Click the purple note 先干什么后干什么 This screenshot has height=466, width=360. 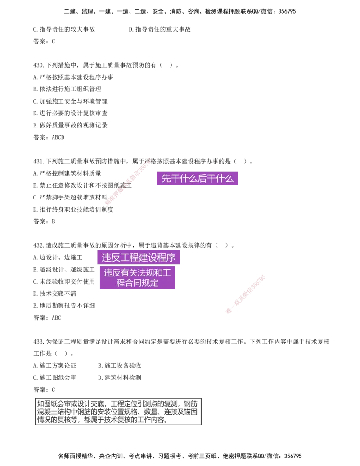[198, 178]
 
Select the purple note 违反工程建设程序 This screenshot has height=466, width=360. [139, 258]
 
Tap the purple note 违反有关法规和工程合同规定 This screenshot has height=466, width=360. [137, 277]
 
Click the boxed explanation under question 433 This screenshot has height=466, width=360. [118, 412]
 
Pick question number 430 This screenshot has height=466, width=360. [39, 65]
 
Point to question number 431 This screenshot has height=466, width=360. [39, 161]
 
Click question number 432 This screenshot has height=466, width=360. [39, 245]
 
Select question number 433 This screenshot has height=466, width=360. [39, 342]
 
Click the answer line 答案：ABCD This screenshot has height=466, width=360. [49, 137]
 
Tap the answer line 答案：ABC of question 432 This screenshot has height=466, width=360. [47, 318]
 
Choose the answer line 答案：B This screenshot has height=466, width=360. [44, 222]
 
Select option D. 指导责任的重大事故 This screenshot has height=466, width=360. [160, 29]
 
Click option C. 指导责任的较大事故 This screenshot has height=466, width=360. [64, 29]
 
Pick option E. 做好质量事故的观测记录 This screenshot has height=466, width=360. [70, 126]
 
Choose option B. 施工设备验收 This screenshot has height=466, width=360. [120, 366]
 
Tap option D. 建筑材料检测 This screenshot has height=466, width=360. [120, 377]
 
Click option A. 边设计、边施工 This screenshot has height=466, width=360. [58, 258]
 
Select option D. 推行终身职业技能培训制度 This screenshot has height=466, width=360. [73, 209]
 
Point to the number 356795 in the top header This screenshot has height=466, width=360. [287, 11]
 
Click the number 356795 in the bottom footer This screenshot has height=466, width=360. [293, 456]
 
